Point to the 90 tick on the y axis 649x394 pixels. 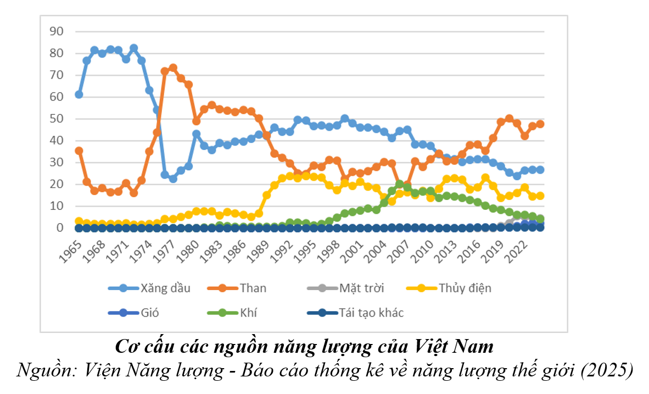coord(57,31)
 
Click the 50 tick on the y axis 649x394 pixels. coord(57,119)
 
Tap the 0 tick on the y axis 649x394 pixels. coord(60,228)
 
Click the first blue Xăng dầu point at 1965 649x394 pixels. coord(79,95)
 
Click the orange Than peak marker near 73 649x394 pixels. coord(173,68)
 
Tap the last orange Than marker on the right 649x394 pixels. coord(540,124)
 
